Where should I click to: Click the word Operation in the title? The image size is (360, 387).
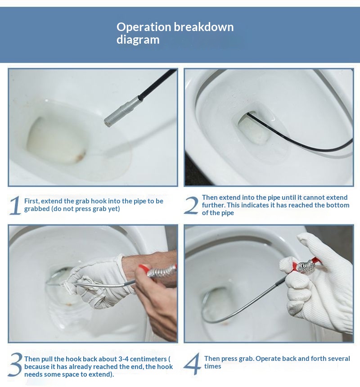pyautogui.click(x=144, y=27)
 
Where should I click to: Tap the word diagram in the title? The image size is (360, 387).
pyautogui.click(x=138, y=40)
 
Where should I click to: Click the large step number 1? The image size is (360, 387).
pyautogui.click(x=15, y=205)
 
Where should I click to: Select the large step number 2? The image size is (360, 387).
pyautogui.click(x=191, y=205)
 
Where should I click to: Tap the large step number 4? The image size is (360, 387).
pyautogui.click(x=193, y=364)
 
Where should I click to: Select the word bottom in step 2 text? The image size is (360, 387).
pyautogui.click(x=338, y=205)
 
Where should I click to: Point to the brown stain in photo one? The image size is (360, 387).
pyautogui.click(x=80, y=156)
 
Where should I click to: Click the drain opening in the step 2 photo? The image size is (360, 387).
pyautogui.click(x=254, y=130)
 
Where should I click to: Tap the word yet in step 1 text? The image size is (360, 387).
pyautogui.click(x=114, y=209)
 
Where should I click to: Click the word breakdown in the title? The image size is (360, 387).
pyautogui.click(x=203, y=27)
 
